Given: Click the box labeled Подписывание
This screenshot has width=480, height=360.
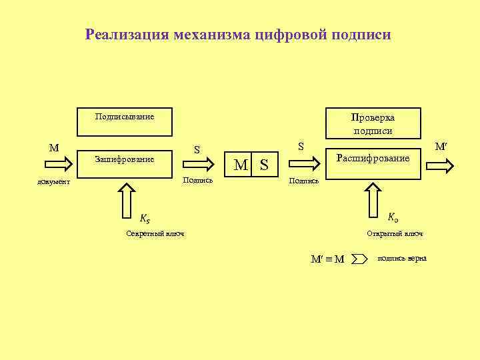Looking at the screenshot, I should [x=125, y=117].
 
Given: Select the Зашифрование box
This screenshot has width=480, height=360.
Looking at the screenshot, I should [x=125, y=160].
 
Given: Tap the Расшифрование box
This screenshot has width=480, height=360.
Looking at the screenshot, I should [x=373, y=159].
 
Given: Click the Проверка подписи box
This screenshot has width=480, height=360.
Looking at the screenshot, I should [x=373, y=124].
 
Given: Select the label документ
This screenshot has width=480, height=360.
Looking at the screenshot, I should [x=54, y=182].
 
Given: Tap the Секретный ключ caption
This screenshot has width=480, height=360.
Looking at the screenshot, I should [x=155, y=233].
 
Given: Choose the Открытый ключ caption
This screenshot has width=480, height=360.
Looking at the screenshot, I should [x=395, y=233].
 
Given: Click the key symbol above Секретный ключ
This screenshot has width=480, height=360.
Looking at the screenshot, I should [x=145, y=218].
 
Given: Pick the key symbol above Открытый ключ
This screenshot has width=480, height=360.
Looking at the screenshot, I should [x=393, y=217].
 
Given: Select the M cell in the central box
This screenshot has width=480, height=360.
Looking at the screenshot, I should [x=241, y=164].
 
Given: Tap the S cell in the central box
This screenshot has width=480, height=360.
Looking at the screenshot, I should [x=264, y=164].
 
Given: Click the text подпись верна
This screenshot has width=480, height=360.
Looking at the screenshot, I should [x=402, y=258].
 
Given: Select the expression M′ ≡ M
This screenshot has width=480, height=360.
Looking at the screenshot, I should [x=327, y=259].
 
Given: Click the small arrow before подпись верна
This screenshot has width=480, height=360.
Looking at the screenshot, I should [x=359, y=258].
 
